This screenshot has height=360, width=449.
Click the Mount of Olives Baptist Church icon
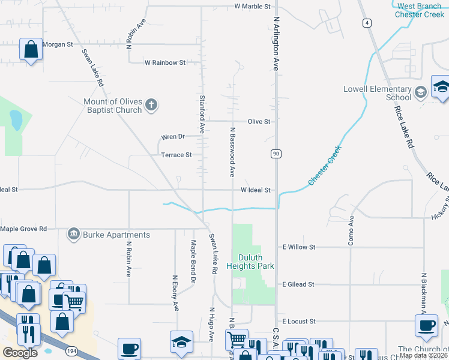(x=151, y=104)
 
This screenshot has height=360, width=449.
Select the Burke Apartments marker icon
(x=74, y=233)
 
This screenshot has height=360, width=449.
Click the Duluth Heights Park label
(x=250, y=262)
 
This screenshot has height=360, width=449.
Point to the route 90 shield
(x=276, y=154)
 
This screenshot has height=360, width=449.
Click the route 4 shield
(x=366, y=23)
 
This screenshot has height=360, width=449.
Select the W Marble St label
(x=253, y=7)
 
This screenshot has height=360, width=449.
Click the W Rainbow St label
(x=165, y=62)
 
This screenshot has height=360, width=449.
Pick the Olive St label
(x=259, y=121)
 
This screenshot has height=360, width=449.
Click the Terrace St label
(x=176, y=155)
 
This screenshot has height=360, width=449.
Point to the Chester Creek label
(x=325, y=165)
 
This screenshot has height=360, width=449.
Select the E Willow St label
(x=298, y=247)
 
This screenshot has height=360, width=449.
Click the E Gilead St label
(x=298, y=284)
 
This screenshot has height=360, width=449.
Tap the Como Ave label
(x=351, y=230)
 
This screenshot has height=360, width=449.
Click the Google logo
(x=20, y=352)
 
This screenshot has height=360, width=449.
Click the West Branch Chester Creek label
(x=418, y=10)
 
